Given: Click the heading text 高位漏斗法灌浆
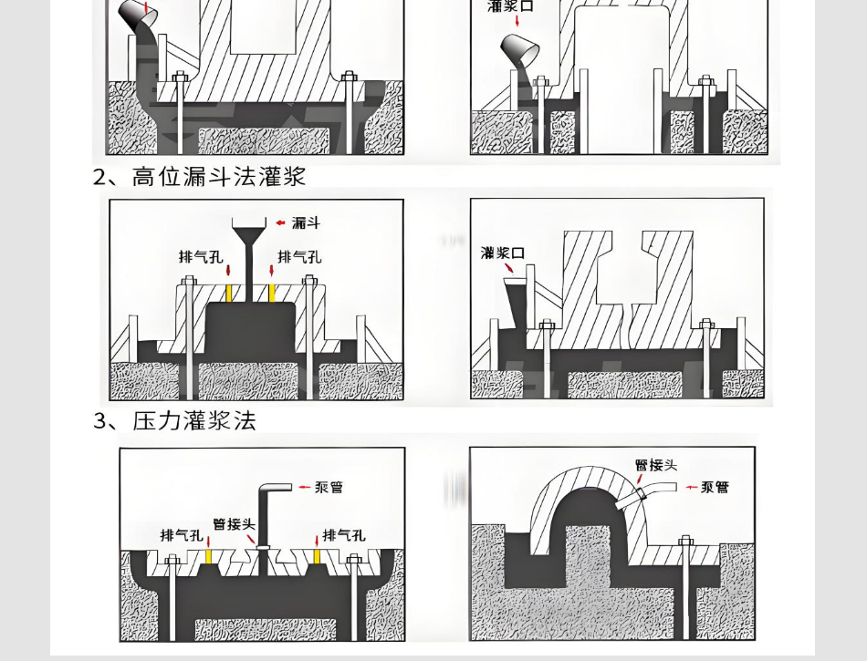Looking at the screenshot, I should coord(218,176).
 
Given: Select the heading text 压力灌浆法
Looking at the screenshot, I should coord(194,420).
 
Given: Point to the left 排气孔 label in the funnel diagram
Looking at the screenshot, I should coord(200,257).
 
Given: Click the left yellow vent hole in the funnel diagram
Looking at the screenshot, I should coord(228,292).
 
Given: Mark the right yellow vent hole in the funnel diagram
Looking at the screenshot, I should coord(271,292).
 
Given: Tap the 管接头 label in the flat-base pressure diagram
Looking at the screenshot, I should coord(234,524).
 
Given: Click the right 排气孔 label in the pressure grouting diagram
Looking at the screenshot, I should coord(344,535).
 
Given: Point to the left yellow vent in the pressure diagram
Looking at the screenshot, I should coord(208,555).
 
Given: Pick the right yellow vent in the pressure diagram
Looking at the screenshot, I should coord(317,555).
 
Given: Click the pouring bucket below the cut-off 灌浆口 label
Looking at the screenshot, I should coord(521,49).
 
